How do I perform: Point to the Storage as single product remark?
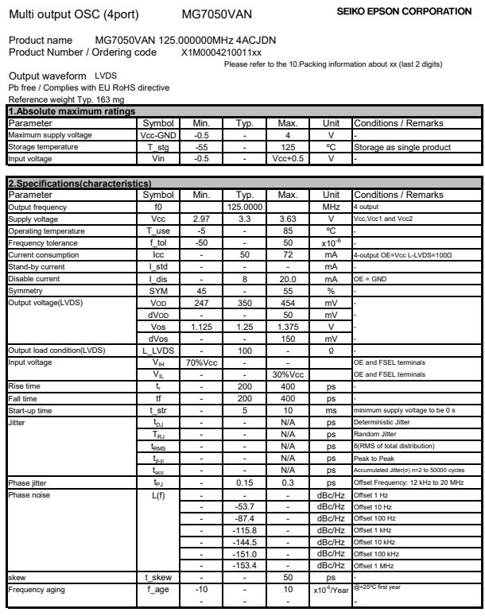pos(402,147)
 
